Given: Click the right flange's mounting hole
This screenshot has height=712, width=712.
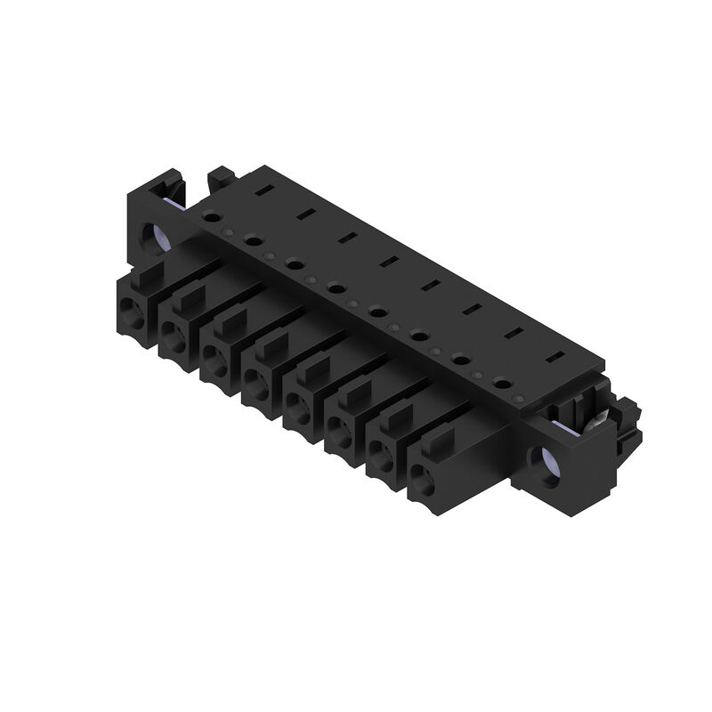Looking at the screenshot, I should point(546,463).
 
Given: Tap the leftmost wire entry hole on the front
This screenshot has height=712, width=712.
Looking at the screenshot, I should point(133,311).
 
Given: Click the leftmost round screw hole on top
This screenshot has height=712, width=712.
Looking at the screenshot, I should point(211,216).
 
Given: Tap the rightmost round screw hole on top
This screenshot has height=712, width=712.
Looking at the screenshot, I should point(502,385).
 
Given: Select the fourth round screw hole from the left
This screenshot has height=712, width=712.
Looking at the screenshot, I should point(336,287).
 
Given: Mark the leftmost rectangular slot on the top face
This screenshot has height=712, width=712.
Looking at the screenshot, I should point(263,190).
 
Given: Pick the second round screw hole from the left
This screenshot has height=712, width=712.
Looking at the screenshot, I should point(253,240).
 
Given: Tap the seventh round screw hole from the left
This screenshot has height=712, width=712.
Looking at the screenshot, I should point(460,360).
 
